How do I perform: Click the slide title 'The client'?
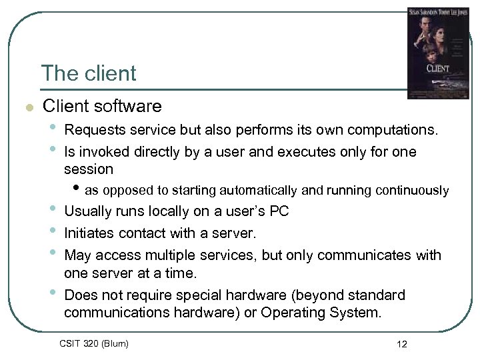point(88,73)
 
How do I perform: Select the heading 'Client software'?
point(102,106)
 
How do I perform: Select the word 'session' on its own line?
point(89,169)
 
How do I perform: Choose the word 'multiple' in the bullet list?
point(169,255)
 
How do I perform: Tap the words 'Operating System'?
point(329,313)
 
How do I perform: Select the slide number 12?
point(401,344)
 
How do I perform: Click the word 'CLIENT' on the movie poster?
point(437,69)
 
